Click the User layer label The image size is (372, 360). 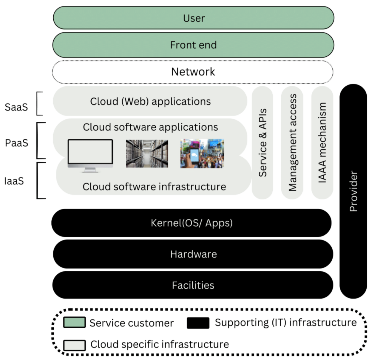[194, 18]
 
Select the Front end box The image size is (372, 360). [193, 45]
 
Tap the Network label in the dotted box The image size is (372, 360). [193, 72]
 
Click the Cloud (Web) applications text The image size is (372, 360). [150, 101]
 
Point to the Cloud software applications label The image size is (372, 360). [150, 127]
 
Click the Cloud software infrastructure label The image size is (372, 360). [154, 187]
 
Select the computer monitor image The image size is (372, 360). [90, 155]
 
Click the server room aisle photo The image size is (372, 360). [147, 153]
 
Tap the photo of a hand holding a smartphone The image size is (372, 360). [202, 153]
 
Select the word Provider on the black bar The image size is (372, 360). [353, 191]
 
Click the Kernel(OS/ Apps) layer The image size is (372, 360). [191, 223]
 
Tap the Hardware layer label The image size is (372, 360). [193, 254]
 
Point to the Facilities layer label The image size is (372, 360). [193, 285]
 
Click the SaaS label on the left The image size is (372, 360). [16, 107]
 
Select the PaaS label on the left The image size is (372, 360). [17, 143]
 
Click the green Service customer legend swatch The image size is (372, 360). [74, 322]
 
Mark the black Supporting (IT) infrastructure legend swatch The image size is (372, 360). [198, 323]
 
